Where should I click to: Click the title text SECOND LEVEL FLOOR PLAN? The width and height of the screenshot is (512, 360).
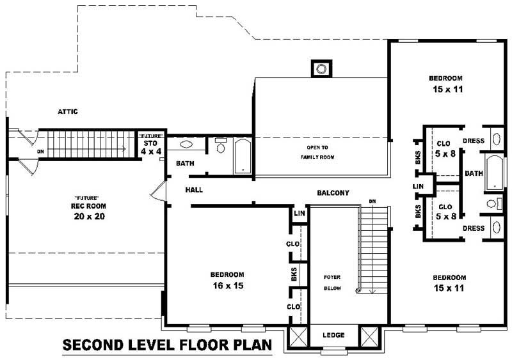tap(167, 346)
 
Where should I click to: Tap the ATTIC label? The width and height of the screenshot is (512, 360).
tap(68, 112)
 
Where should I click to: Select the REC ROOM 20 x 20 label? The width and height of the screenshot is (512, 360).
tap(88, 211)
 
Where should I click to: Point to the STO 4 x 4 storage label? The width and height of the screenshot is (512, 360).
tap(152, 148)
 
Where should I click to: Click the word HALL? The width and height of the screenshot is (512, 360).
tap(195, 190)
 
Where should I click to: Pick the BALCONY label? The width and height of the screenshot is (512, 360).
tap(333, 192)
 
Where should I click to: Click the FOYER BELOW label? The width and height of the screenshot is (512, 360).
tap(332, 283)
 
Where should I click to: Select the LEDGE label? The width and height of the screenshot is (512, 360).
tap(333, 335)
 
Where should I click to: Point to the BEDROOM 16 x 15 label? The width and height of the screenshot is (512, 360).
tap(227, 280)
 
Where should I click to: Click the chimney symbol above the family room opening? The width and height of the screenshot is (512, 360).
tap(322, 68)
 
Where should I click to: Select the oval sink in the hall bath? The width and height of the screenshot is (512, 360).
tap(186, 145)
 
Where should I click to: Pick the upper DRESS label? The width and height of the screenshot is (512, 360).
tap(474, 141)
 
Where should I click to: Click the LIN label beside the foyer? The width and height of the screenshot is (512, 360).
tap(299, 214)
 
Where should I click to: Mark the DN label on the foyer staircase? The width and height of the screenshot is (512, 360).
tap(372, 202)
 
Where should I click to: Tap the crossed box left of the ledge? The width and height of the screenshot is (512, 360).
tap(299, 336)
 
